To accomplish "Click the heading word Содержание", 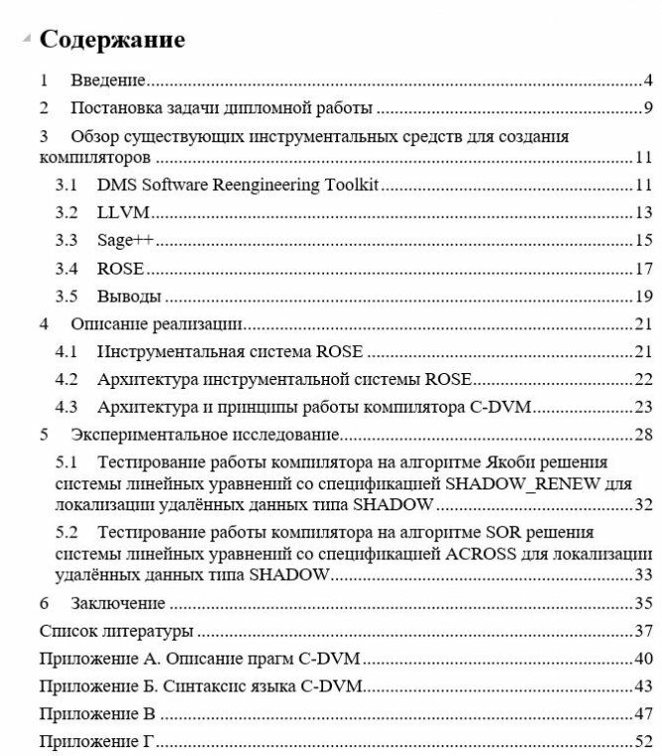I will tap(111, 40).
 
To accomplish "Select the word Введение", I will tap(108, 81).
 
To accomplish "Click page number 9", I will tap(647, 108).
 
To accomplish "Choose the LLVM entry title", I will tap(123, 213).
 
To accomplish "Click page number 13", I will tap(643, 213).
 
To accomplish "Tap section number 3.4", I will tap(67, 269).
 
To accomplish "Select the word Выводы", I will tap(129, 296).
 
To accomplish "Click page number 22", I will tap(643, 379).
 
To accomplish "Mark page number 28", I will tap(643, 435).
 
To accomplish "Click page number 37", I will tap(643, 631).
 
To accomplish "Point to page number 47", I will tap(643, 714).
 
